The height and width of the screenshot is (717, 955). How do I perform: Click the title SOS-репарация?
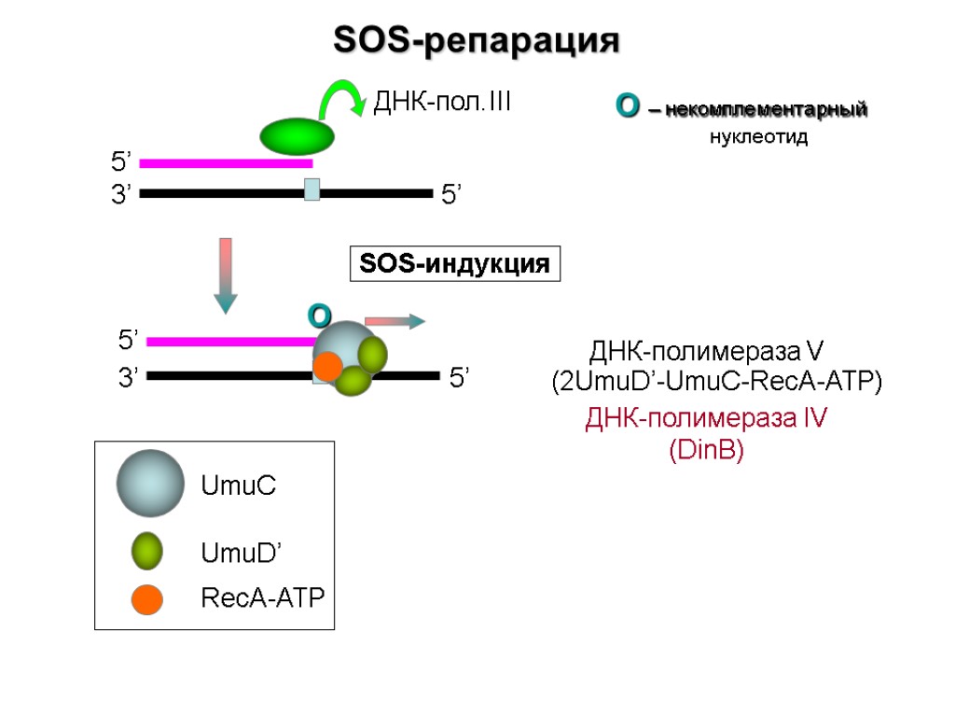[x=477, y=41]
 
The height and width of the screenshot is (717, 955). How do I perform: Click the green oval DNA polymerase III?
[x=297, y=136]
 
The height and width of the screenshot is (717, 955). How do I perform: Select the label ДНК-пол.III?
[x=442, y=102]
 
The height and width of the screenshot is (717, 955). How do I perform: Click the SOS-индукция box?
[x=454, y=264]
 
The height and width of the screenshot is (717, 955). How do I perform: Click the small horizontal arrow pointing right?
[x=394, y=321]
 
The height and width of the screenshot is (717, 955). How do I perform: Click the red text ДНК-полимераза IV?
[x=706, y=418]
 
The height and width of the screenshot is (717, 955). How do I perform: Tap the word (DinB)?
[x=706, y=451]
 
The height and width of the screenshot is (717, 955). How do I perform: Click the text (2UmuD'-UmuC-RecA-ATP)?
[x=716, y=383]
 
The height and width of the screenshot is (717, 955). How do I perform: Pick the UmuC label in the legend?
[x=239, y=485]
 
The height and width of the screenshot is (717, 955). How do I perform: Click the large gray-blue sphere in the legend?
[x=149, y=484]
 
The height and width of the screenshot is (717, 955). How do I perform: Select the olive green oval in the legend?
[x=146, y=551]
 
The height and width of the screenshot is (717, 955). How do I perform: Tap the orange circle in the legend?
[x=147, y=598]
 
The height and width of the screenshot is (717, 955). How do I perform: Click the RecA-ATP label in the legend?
[x=263, y=598]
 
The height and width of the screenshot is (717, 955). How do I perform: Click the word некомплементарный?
[x=767, y=109]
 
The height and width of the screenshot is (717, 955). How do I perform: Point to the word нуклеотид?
[x=757, y=137]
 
